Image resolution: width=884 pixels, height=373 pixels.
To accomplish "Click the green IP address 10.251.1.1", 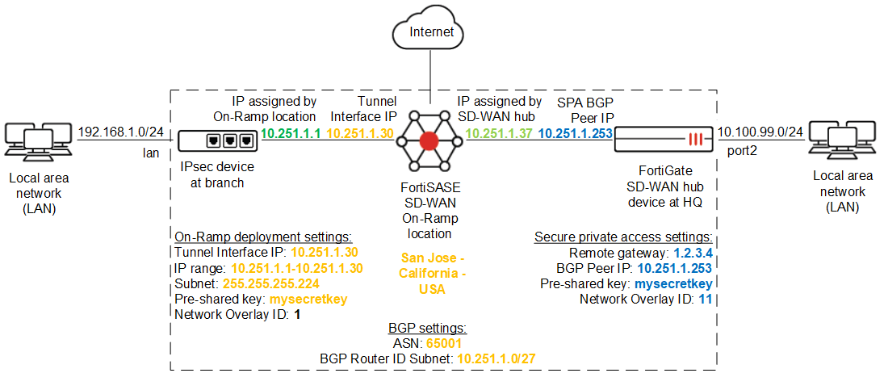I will click(x=292, y=133).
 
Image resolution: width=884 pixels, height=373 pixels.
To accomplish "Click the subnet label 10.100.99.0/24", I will click(x=759, y=132).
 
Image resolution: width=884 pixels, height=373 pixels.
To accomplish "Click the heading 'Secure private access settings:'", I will click(x=622, y=237).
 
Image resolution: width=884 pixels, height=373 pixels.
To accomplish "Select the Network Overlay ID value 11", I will click(x=706, y=299).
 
